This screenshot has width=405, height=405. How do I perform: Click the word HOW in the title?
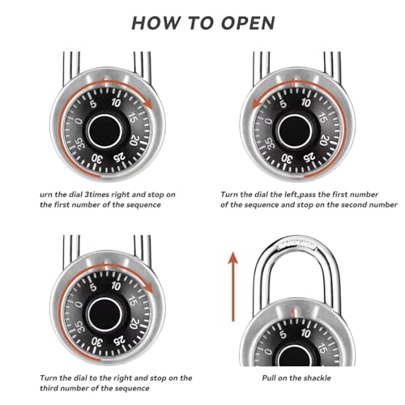pyautogui.click(x=155, y=22)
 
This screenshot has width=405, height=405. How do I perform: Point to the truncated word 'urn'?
pyautogui.click(x=49, y=195)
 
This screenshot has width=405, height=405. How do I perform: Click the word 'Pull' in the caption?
pyautogui.click(x=271, y=378)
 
